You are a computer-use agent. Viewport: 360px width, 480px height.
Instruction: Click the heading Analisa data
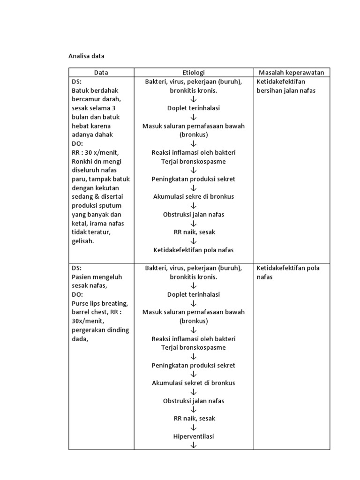[86, 56]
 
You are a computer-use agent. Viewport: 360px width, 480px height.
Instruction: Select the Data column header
[101, 72]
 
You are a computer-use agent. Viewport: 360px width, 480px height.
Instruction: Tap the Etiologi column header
[194, 72]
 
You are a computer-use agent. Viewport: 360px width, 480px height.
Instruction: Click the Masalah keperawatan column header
[292, 72]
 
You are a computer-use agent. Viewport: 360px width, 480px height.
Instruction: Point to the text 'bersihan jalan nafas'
[286, 90]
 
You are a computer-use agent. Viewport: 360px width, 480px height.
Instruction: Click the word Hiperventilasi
[194, 436]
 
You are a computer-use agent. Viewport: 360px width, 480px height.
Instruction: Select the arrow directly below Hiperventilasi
[194, 445]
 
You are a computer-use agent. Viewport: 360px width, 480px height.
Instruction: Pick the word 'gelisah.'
[83, 241]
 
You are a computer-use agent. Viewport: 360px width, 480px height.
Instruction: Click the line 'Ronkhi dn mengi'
[97, 161]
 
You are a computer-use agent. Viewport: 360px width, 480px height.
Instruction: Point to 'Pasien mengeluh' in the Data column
[97, 277]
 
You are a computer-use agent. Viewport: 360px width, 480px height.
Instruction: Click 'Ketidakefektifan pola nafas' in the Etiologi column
[194, 250]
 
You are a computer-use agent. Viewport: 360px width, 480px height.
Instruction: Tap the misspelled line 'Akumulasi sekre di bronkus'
[194, 196]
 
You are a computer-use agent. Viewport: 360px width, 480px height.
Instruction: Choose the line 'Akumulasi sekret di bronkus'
[194, 383]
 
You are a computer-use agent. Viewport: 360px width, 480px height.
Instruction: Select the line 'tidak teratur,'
[91, 232]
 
